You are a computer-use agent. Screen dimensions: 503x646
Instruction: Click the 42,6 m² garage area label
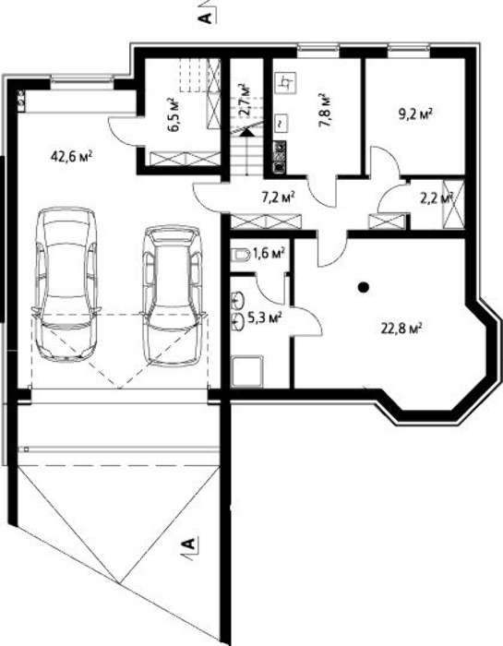tap(71, 157)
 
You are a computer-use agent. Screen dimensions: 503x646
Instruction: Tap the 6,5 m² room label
tap(174, 115)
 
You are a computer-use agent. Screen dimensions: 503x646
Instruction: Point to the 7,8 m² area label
tap(326, 111)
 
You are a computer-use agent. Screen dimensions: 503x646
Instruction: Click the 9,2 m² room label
tap(415, 114)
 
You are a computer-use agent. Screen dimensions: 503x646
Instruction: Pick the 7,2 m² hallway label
tap(278, 197)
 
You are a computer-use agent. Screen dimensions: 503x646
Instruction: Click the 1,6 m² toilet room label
tap(269, 253)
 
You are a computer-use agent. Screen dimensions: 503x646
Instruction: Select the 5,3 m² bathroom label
tap(265, 317)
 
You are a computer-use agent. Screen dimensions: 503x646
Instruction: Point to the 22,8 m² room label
tap(401, 329)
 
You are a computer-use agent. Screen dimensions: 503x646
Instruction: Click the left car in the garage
tap(66, 285)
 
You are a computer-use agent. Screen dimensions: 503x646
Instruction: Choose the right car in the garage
tap(173, 295)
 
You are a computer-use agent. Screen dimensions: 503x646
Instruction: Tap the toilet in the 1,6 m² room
tap(240, 256)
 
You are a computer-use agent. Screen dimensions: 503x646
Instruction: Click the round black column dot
tap(363, 287)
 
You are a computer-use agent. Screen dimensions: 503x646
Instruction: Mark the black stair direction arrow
tap(246, 132)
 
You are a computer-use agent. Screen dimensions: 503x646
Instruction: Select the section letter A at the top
tap(207, 18)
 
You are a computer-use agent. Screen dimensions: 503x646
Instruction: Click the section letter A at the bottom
tap(189, 544)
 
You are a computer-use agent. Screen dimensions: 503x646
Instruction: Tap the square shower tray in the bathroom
tap(247, 372)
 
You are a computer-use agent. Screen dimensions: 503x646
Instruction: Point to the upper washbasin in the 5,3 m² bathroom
tap(238, 301)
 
